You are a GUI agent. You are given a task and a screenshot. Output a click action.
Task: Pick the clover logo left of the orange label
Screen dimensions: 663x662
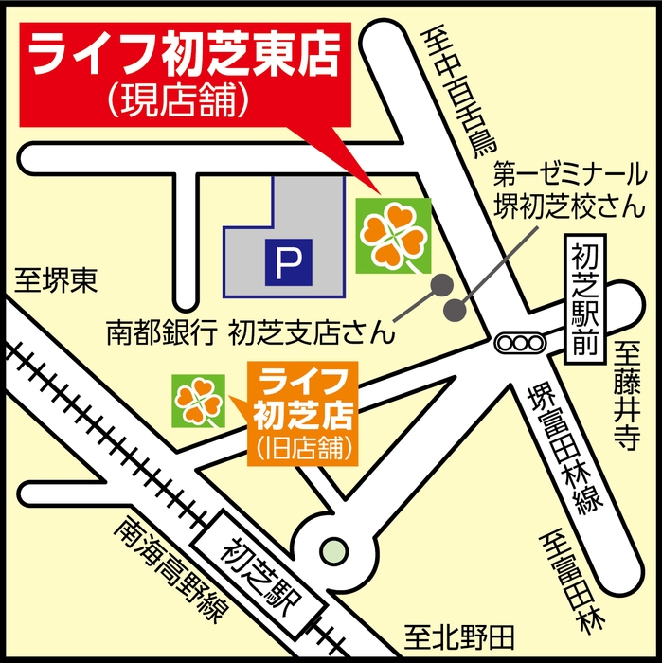(199, 400)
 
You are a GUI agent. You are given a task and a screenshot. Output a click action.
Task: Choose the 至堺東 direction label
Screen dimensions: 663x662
(56, 280)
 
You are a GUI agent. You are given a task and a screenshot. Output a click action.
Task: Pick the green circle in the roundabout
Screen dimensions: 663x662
(333, 548)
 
